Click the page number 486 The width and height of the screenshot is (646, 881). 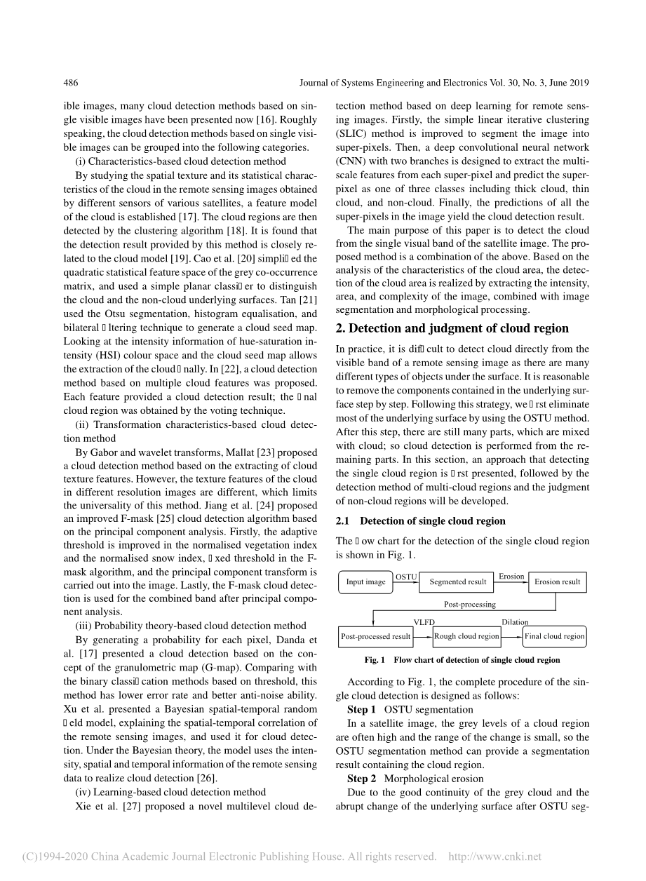click(x=70, y=83)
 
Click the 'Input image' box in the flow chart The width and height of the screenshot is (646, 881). click(x=366, y=581)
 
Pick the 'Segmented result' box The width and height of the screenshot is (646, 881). click(x=457, y=581)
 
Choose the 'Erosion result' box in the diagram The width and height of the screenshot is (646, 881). click(x=557, y=581)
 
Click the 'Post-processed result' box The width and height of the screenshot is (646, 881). click(x=375, y=636)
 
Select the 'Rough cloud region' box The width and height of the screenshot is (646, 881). click(x=466, y=636)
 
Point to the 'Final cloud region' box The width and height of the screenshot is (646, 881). click(x=554, y=636)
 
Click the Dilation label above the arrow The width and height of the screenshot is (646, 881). click(x=515, y=622)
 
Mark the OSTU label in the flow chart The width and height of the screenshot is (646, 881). click(x=407, y=577)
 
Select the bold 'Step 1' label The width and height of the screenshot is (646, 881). click(x=362, y=710)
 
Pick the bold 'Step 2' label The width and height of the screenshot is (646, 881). click(x=362, y=779)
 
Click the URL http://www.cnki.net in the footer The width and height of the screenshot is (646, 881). click(x=494, y=856)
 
